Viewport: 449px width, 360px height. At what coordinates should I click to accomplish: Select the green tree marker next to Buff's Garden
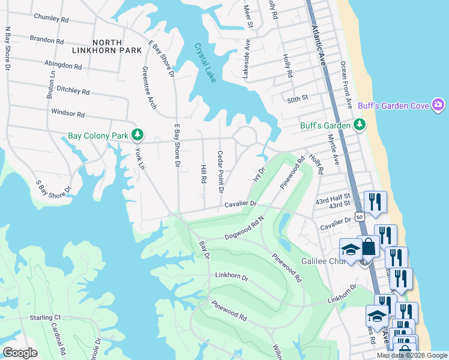[360, 125]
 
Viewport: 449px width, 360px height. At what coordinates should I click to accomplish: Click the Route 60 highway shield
[359, 216]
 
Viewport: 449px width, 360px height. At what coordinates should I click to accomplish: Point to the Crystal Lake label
[204, 63]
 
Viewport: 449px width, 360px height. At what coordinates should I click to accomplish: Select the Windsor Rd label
[68, 113]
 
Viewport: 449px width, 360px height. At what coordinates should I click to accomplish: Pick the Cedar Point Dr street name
[220, 172]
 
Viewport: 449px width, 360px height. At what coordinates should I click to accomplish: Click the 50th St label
[297, 97]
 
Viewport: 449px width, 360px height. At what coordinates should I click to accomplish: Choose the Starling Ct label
[46, 317]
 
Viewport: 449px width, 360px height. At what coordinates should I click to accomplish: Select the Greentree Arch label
[148, 88]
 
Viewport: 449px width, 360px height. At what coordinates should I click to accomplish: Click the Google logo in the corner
[20, 353]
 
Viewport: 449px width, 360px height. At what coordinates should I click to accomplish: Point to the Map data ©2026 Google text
[411, 355]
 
